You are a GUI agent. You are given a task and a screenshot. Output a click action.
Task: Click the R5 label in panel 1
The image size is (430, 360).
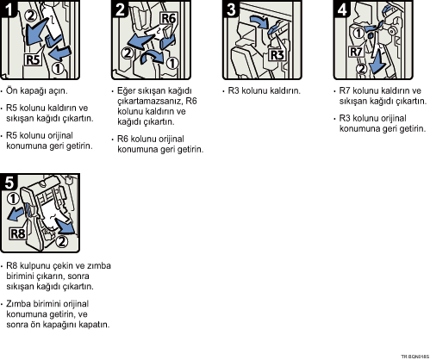pos(33,60)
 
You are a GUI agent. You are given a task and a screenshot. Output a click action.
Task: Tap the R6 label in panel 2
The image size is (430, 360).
pos(169,18)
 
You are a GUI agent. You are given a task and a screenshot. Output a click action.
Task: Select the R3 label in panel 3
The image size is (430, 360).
pos(277,55)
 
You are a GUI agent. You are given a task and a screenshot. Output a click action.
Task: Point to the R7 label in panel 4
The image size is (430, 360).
pos(356,52)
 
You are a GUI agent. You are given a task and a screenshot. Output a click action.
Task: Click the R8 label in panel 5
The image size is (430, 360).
pos(17,233)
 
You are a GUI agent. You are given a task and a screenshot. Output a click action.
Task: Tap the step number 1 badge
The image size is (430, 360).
pos(9,9)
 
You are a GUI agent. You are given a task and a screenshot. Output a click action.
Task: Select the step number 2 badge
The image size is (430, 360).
pos(120,9)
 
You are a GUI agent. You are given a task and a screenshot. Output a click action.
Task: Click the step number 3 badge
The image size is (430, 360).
pos(231,9)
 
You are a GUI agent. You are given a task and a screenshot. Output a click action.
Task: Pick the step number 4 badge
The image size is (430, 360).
pos(342,9)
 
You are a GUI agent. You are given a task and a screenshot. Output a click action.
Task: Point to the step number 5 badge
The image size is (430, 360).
pos(9,182)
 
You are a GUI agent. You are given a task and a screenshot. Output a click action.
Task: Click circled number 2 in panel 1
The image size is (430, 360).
pos(31,15)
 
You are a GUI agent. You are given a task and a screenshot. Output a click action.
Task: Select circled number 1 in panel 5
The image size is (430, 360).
pos(13,199)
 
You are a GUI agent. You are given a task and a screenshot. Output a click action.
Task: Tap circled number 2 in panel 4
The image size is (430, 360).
pos(361,69)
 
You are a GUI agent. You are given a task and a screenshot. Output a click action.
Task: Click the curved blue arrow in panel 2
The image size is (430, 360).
pos(153,56)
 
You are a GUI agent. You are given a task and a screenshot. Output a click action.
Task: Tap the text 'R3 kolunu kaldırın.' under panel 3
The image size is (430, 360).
pos(264,90)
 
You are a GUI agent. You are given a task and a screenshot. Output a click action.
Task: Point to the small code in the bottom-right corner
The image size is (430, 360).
pos(415,357)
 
